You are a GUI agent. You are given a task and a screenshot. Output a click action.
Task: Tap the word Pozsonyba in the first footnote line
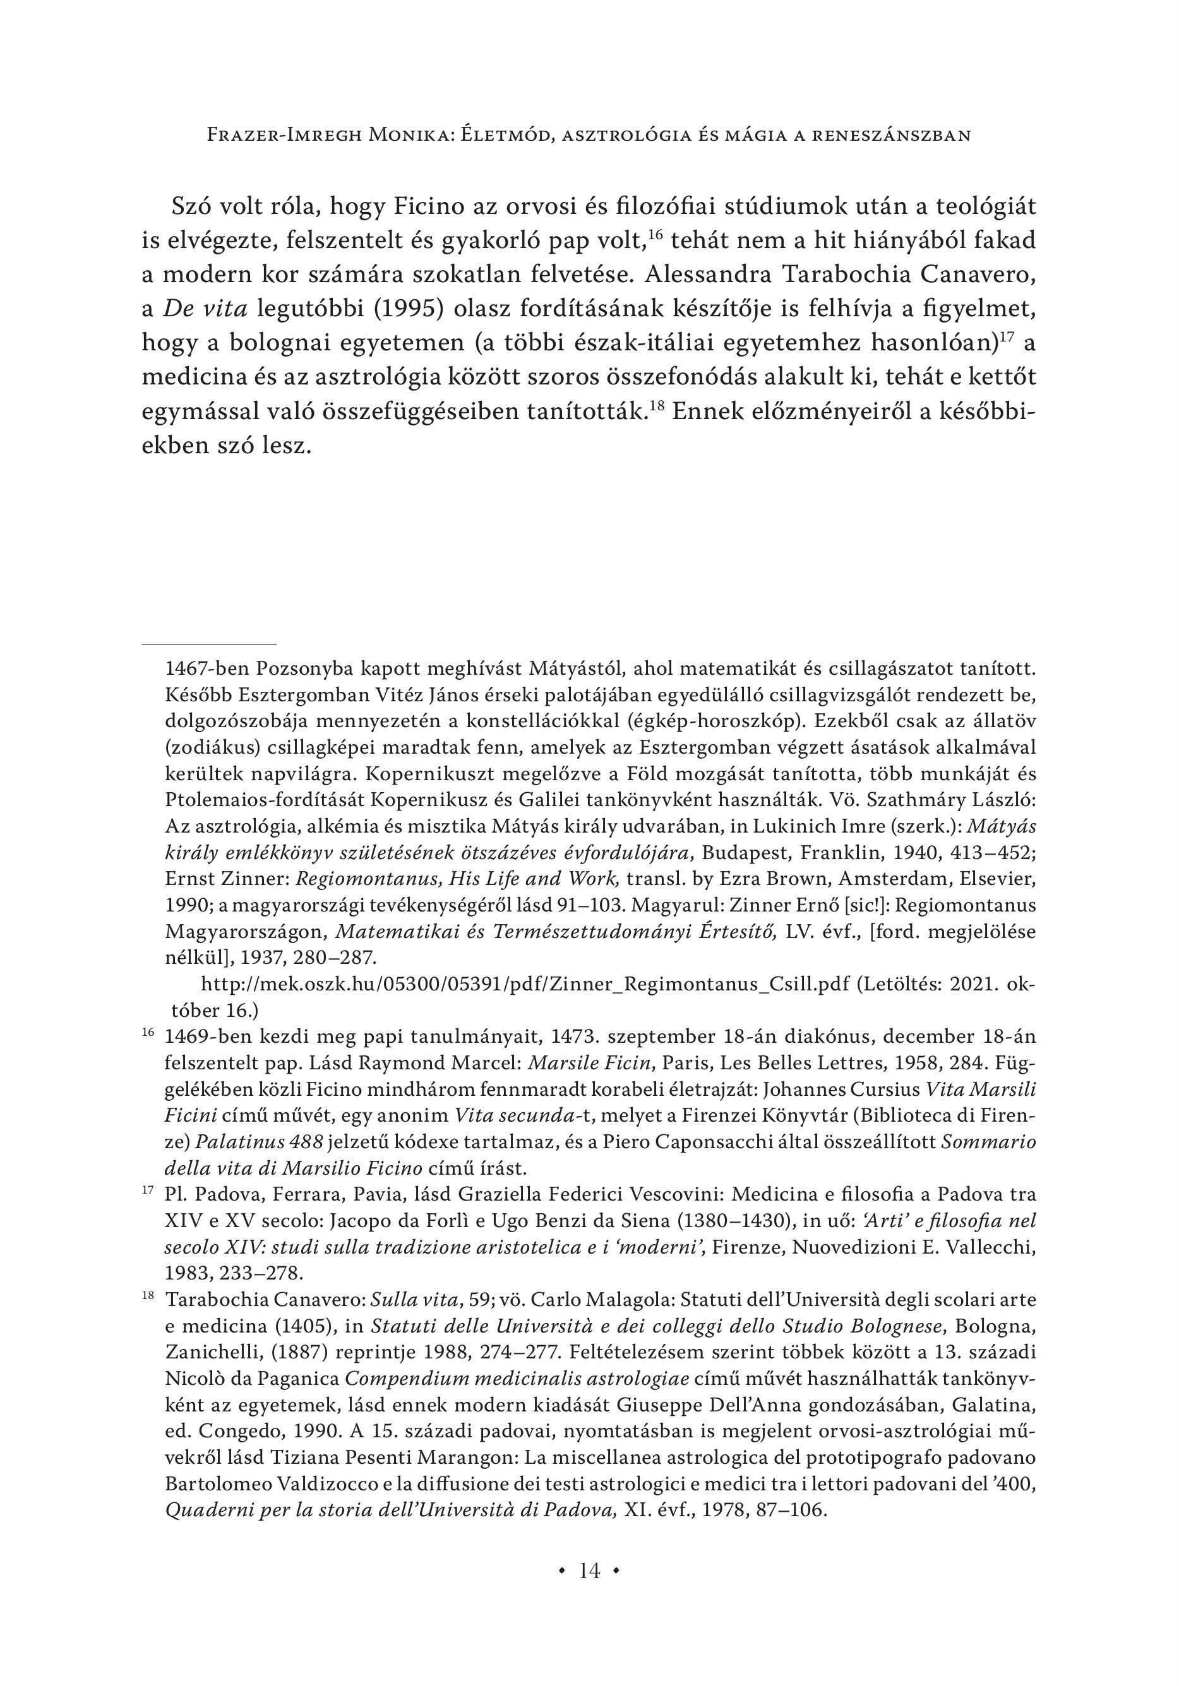(306, 669)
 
